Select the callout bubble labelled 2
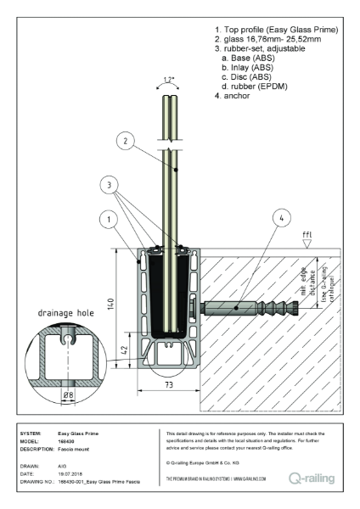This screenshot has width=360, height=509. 124,140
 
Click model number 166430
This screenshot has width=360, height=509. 67,440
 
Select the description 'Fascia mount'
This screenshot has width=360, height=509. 76,448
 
